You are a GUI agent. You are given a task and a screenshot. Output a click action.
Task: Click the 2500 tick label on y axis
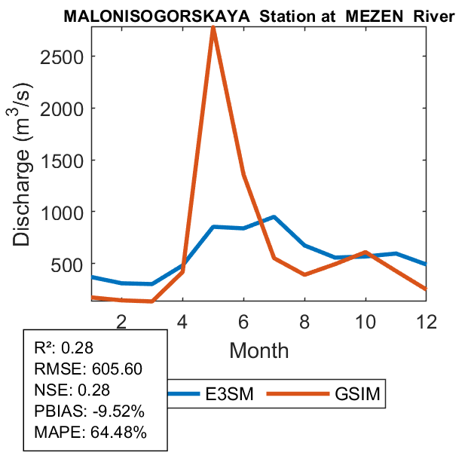pos(66,57)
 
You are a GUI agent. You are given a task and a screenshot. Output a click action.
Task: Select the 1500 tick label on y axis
pos(66,161)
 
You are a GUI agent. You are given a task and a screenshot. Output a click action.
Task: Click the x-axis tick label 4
pos(182,320)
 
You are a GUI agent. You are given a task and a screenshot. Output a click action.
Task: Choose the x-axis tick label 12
pos(426,320)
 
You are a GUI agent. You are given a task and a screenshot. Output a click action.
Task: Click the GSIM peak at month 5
pos(213,28)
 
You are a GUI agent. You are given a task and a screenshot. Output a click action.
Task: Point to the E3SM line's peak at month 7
pos(274,217)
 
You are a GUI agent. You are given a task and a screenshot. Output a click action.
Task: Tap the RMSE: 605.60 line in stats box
pos(87,369)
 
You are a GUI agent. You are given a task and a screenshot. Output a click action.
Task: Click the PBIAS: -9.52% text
pos(90,411)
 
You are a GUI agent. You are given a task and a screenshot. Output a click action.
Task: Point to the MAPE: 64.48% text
pos(90,433)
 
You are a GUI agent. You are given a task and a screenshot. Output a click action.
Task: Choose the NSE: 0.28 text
pos(72,390)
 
